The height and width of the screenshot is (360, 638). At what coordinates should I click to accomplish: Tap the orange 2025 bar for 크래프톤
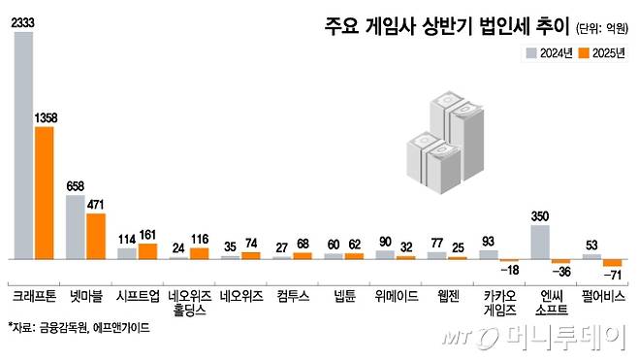pos(45,192)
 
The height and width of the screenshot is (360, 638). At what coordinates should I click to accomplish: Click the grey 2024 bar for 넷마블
pos(76,227)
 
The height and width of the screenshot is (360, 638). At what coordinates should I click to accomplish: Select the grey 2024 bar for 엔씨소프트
pos(540,242)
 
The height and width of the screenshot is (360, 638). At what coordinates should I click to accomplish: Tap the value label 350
pos(541,217)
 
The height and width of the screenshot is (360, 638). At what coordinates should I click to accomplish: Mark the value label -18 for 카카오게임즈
pos(509,271)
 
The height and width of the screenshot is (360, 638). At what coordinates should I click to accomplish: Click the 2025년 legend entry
pos(600,52)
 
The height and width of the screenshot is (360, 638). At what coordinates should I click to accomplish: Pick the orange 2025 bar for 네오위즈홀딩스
pos(199,253)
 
